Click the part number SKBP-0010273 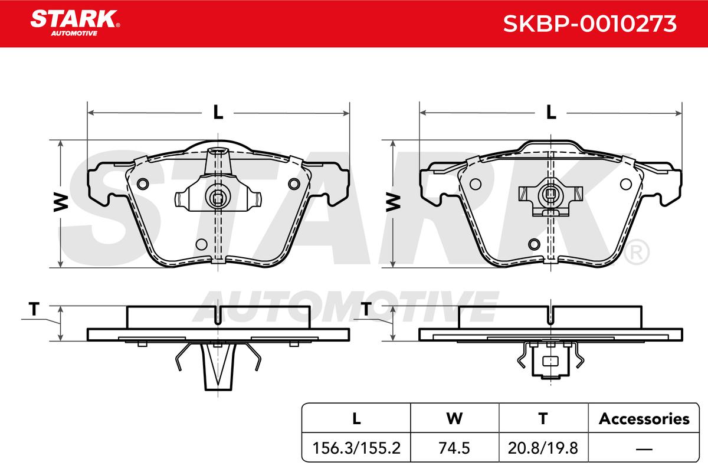[589, 24]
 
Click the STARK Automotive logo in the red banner [75, 23]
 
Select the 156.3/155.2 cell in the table [356, 448]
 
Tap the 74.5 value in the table [454, 448]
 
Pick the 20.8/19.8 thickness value [543, 448]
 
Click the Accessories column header [644, 418]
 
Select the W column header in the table [454, 418]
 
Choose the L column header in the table [356, 418]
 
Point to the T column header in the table [543, 418]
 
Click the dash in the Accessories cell [644, 449]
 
